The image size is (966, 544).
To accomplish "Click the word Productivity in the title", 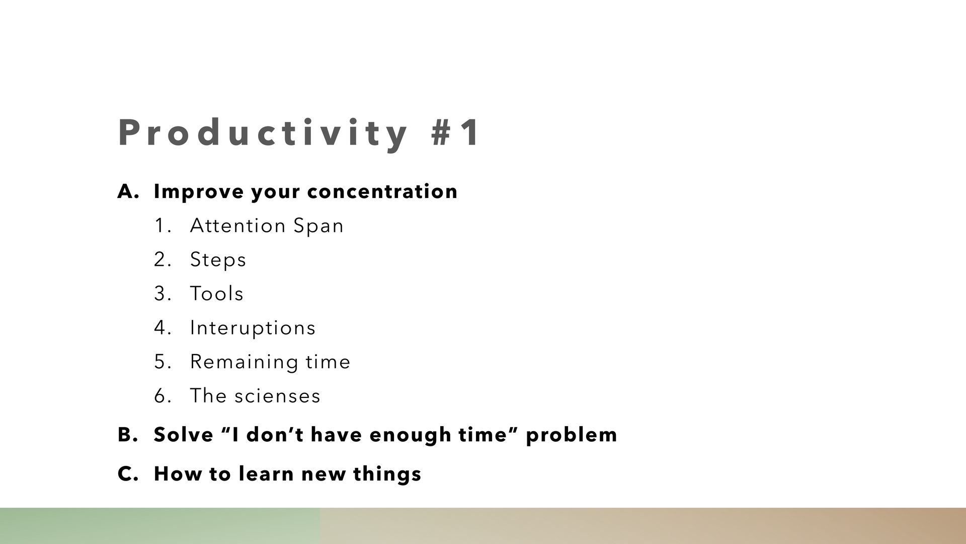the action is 263,133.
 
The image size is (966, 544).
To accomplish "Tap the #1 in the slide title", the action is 456,132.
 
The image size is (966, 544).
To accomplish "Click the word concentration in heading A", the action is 382,191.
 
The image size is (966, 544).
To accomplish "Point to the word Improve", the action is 199,192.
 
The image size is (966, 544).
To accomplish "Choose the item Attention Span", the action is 267,226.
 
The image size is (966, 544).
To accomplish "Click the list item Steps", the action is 218,260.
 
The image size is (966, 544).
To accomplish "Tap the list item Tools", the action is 217,294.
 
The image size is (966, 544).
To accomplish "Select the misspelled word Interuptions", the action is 253,328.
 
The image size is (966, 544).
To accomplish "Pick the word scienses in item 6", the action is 277,396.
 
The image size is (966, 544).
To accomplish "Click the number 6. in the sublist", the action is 163,396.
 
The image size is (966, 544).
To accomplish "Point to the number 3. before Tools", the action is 163,294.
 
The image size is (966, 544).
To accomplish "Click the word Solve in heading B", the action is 184,435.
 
